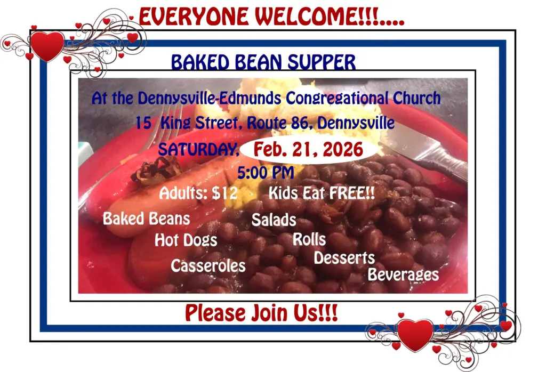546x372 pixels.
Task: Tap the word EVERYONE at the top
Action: [195, 17]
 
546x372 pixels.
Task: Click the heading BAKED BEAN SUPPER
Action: [263, 63]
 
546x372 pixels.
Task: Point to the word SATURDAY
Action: [198, 150]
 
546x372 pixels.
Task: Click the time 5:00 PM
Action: [267, 173]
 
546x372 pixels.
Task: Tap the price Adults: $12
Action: [198, 193]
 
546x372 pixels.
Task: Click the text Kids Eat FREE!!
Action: [322, 193]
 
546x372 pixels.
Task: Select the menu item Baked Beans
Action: [146, 219]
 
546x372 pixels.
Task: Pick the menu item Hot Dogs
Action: [186, 240]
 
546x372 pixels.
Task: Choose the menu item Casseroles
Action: [208, 265]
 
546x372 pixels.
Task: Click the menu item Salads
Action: [274, 220]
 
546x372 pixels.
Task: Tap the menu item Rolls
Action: [309, 239]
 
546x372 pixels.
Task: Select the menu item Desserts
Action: [344, 258]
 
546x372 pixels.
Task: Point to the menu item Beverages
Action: [403, 274]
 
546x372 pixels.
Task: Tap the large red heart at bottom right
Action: [415, 335]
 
